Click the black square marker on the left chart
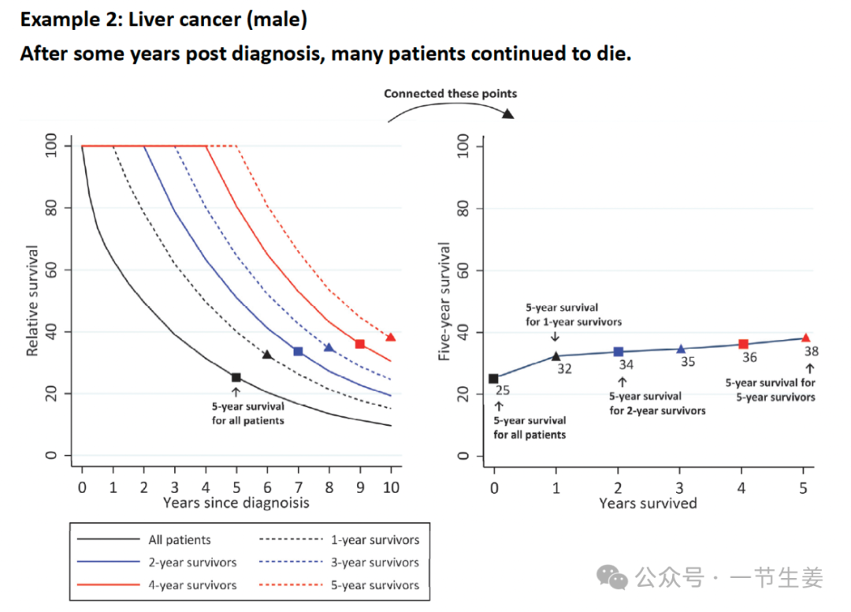click(236, 378)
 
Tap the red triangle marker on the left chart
click(390, 338)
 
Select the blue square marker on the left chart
click(298, 351)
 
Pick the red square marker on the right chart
click(743, 344)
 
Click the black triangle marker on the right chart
click(556, 356)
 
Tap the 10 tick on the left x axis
click(391, 487)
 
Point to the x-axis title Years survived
click(648, 503)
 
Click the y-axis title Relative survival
click(33, 300)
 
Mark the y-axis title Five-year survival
click(445, 302)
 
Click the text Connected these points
click(451, 94)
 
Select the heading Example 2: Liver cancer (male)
click(163, 20)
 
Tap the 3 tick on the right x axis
click(681, 487)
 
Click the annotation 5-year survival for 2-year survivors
click(657, 403)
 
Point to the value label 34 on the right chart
click(626, 364)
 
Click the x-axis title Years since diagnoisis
click(236, 502)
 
